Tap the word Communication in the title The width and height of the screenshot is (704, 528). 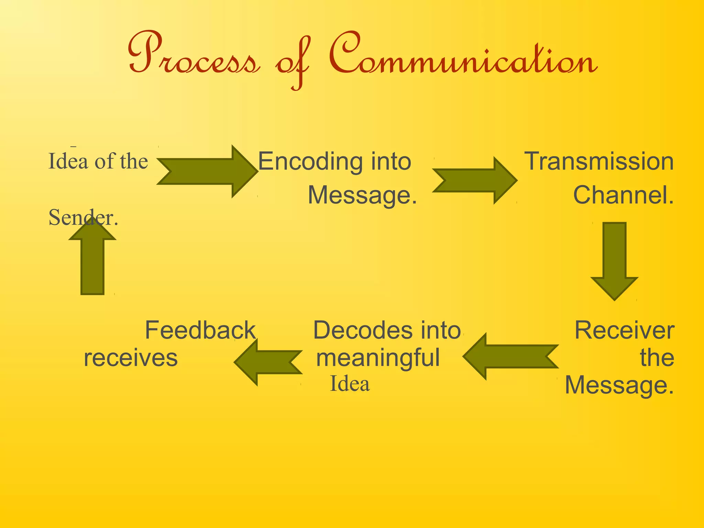click(462, 55)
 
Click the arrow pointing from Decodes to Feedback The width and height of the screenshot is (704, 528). click(268, 362)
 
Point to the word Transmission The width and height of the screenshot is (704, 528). click(598, 161)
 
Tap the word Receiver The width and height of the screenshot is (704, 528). click(624, 330)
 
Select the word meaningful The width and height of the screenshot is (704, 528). click(378, 358)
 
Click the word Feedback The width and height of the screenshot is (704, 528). click(200, 330)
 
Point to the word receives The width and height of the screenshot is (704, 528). click(131, 358)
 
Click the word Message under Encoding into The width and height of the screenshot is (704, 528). click(362, 195)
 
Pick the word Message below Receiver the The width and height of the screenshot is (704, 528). click(619, 385)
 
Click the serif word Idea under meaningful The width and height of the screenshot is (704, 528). click(350, 384)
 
